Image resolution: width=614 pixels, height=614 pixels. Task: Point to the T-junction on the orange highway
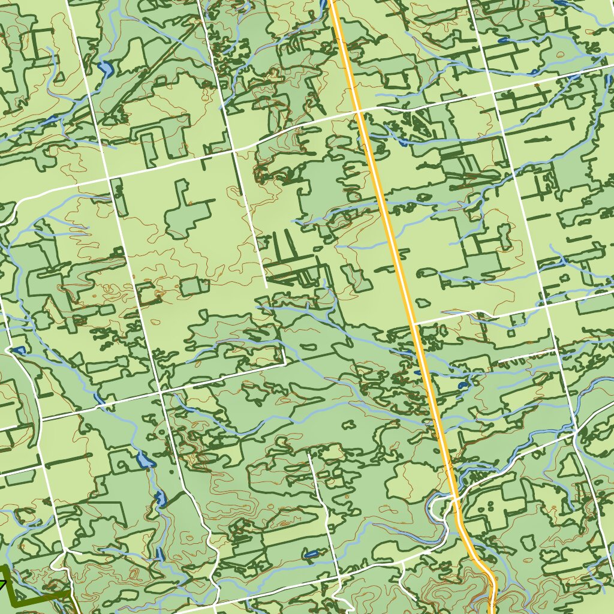point(414,324)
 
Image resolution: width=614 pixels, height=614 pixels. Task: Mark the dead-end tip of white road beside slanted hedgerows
point(266,287)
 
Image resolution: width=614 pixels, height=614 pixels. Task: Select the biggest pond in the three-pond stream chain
point(144,460)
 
